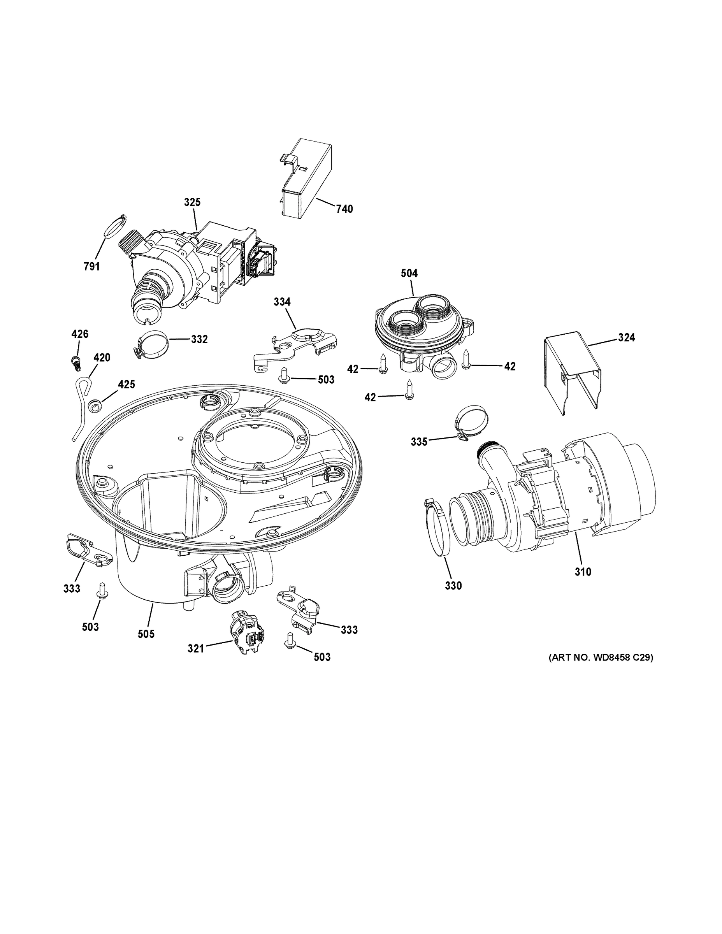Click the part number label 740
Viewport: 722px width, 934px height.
[x=344, y=209]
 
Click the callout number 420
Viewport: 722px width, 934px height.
[x=102, y=358]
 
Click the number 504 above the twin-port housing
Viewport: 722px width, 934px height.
[x=409, y=273]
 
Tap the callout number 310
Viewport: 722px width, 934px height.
[x=583, y=571]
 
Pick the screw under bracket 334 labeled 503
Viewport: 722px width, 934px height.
[x=284, y=375]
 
